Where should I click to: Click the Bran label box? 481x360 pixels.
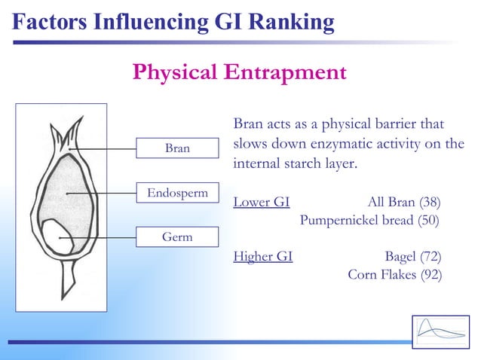click(x=177, y=148)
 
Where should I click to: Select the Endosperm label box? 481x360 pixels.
click(x=177, y=193)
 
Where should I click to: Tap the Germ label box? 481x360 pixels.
click(x=177, y=236)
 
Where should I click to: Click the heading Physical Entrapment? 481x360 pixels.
click(x=239, y=72)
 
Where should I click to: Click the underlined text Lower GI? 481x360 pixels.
click(x=262, y=202)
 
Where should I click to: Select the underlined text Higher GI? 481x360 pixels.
click(x=263, y=256)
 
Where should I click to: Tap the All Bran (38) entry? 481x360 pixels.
click(x=403, y=202)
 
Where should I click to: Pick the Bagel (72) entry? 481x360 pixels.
click(x=412, y=256)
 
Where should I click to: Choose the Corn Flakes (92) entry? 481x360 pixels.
click(x=394, y=274)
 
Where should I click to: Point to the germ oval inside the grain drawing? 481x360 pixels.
click(x=57, y=236)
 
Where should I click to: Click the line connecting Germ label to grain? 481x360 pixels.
click(x=106, y=236)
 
